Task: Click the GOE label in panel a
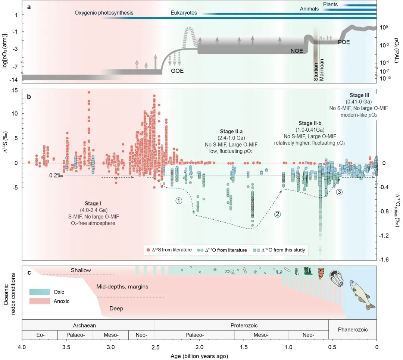(177, 71)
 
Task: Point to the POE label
(344, 42)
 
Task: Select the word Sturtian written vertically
(316, 73)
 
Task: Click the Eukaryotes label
(184, 13)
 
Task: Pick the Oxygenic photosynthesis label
(104, 13)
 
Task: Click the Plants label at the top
(331, 4)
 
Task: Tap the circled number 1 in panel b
(179, 200)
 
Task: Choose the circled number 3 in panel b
(339, 192)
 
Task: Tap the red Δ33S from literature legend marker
(148, 250)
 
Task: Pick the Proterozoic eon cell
(241, 325)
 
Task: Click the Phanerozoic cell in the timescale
(353, 330)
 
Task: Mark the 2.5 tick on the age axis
(155, 348)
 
